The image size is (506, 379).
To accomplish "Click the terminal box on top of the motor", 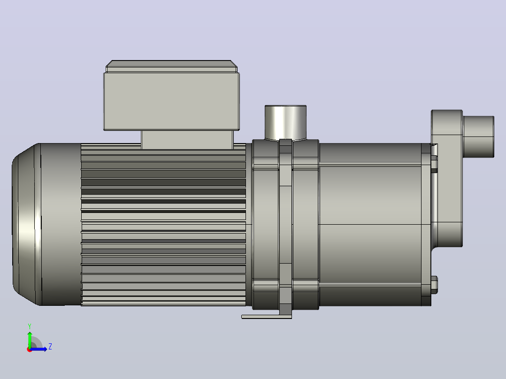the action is click(x=171, y=101).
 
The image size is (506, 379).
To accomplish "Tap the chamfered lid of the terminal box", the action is click(x=171, y=66).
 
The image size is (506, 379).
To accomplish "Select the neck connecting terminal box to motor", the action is click(x=187, y=140).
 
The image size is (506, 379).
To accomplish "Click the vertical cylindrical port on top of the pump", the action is click(x=285, y=122).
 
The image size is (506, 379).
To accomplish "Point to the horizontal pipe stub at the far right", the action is click(x=479, y=137).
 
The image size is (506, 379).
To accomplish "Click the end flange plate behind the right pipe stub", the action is click(x=447, y=178).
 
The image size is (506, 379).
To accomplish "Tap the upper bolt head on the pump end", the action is click(x=434, y=164).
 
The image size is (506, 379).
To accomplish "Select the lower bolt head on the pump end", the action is click(x=434, y=285).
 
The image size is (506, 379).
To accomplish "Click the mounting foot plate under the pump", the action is click(x=267, y=317).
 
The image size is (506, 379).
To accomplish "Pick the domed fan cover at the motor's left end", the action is click(x=26, y=224).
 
